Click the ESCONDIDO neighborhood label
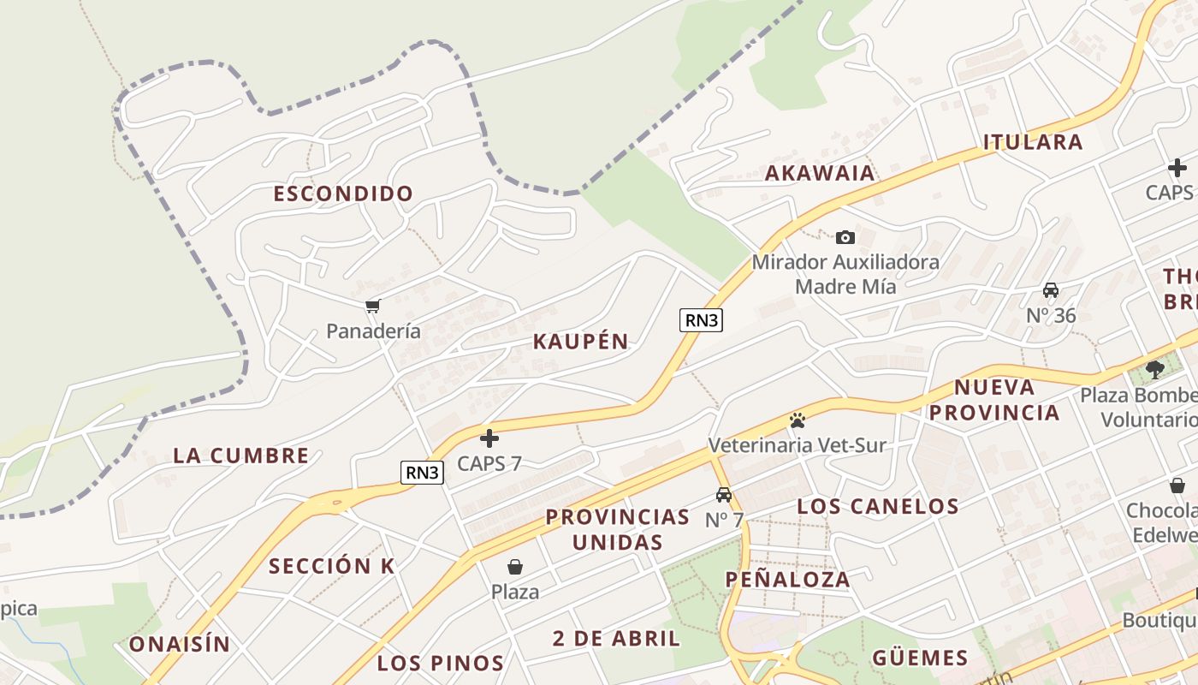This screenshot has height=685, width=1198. click(343, 194)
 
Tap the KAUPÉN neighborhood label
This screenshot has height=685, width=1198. click(581, 342)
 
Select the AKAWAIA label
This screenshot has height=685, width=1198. click(820, 173)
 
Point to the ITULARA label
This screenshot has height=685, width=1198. click(1033, 142)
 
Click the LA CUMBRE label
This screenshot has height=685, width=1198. click(240, 456)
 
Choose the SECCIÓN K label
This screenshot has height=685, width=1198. click(332, 566)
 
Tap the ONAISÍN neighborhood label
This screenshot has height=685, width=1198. click(180, 644)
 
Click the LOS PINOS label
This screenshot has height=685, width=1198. click(441, 663)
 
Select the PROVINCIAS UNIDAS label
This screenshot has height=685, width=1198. click(617, 529)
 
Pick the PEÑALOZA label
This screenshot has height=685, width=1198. click(788, 580)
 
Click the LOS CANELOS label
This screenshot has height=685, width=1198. click(878, 506)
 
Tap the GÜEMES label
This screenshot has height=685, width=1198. click(920, 658)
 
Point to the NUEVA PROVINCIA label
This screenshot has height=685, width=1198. click(994, 400)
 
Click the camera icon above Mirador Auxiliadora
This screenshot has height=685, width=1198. click(845, 237)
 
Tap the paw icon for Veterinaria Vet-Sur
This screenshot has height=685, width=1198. click(798, 420)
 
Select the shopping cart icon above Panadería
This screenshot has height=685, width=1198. click(372, 307)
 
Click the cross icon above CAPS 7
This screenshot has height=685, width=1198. click(489, 438)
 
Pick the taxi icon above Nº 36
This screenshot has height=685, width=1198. click(1051, 290)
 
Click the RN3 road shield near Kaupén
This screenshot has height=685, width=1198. click(702, 320)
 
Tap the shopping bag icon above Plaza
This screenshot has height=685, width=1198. click(515, 566)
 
